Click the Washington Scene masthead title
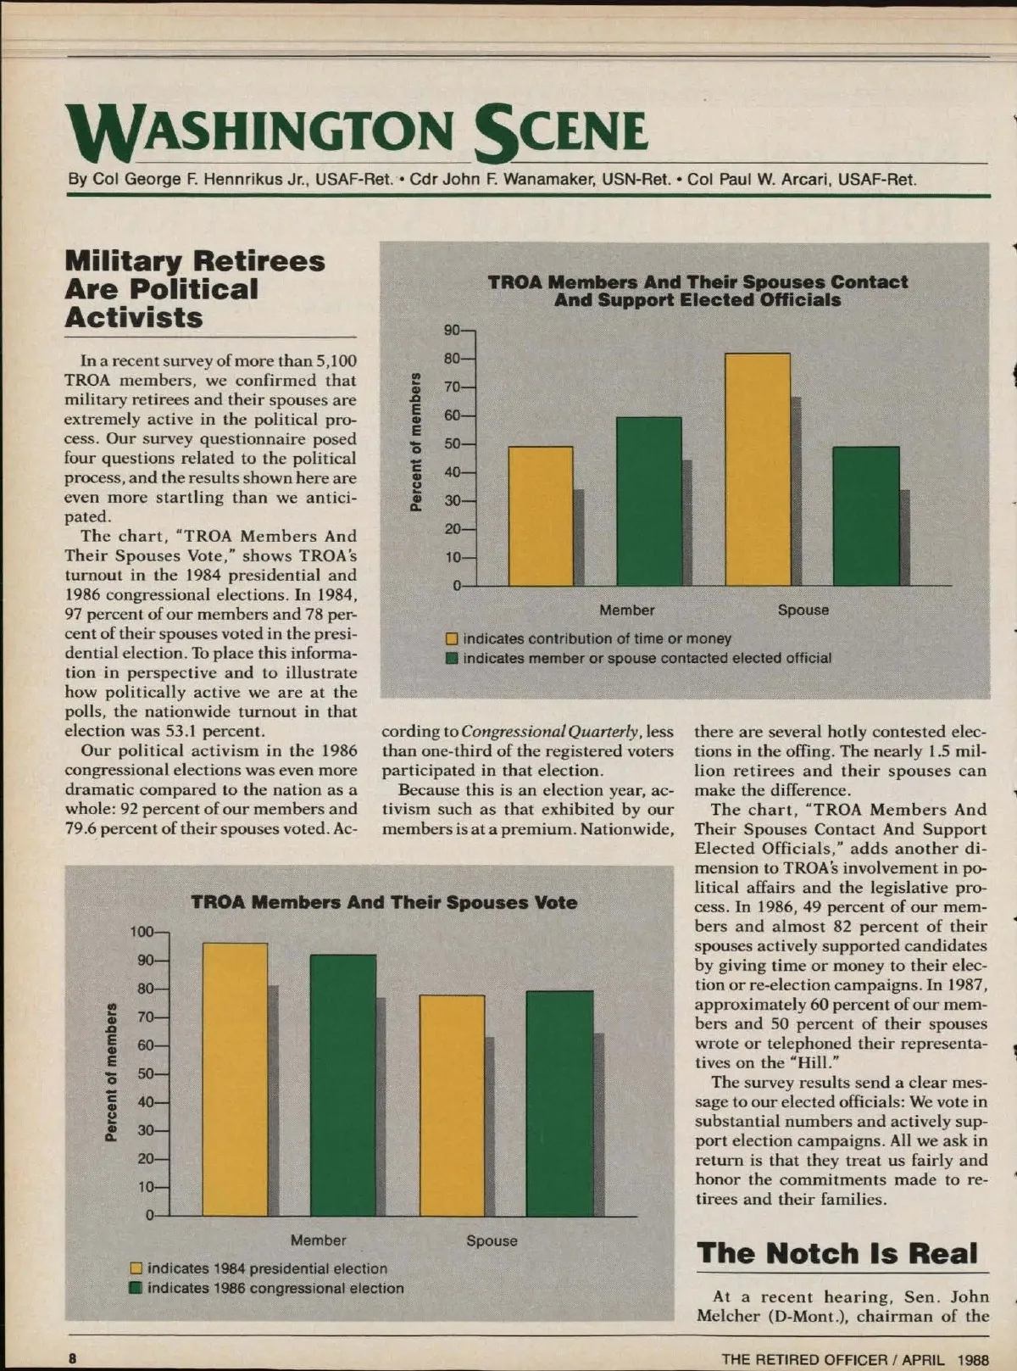(356, 133)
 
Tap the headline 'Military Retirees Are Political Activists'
(195, 289)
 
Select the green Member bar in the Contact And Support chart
(648, 501)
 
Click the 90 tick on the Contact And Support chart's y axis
(452, 330)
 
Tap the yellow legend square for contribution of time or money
(453, 638)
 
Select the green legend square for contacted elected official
(453, 659)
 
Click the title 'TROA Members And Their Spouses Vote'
(384, 902)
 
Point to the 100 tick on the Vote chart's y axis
(142, 932)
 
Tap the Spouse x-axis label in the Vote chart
(492, 1240)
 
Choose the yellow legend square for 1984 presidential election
(136, 1268)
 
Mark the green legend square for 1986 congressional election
(136, 1288)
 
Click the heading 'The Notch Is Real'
(837, 1253)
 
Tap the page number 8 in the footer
(73, 1358)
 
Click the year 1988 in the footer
(973, 1359)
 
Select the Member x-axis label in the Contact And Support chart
(627, 610)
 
